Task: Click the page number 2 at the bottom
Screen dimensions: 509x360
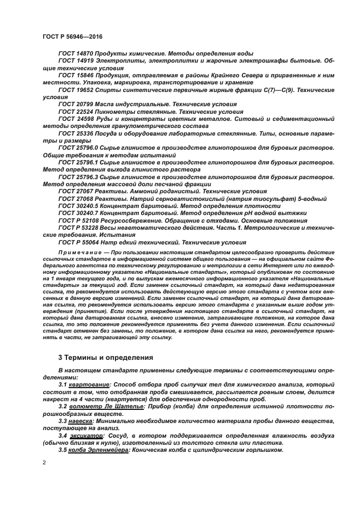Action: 44,462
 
